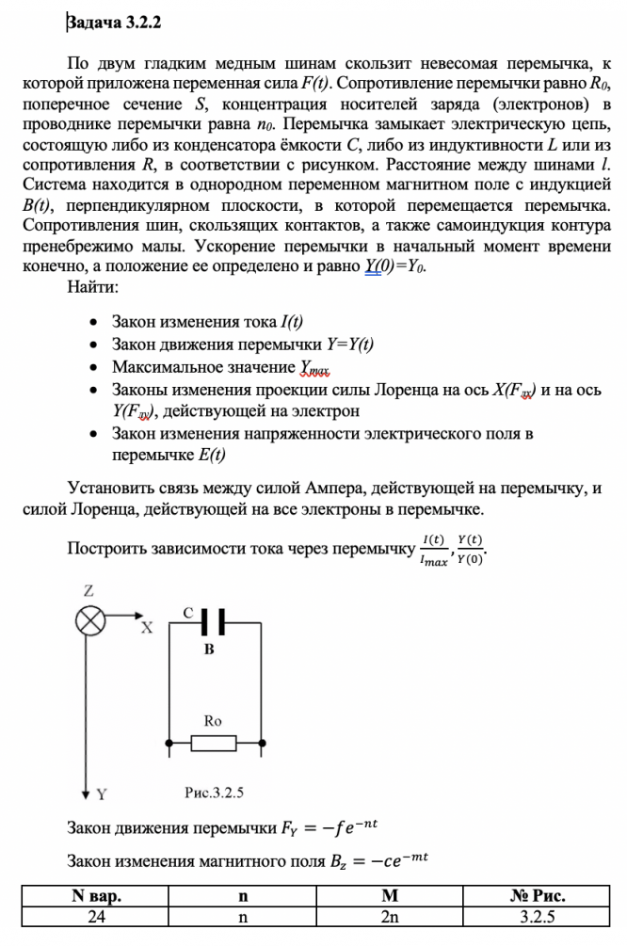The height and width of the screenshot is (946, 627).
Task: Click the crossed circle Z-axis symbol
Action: [x=90, y=621]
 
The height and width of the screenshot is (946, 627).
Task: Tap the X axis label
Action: [x=147, y=629]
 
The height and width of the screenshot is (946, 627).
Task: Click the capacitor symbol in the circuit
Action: [x=215, y=621]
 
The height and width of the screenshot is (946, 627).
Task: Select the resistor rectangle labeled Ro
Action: [x=214, y=744]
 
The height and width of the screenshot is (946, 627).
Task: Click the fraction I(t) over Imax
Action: [x=434, y=550]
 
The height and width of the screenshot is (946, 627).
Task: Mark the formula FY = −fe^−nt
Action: [x=330, y=828]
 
